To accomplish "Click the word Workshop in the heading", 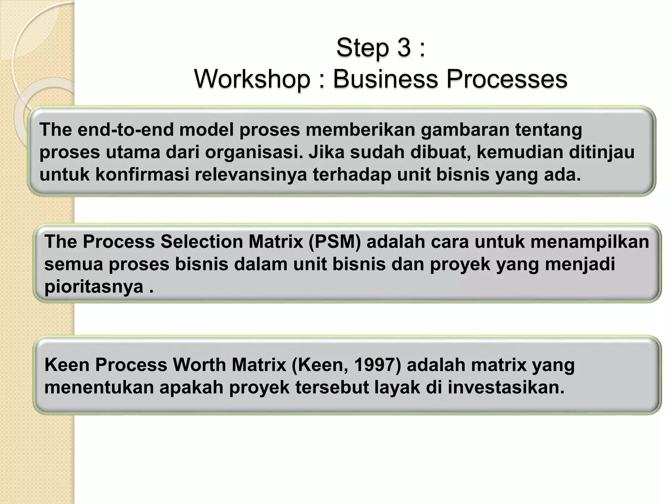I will click(252, 79).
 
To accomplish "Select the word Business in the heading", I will click(386, 79).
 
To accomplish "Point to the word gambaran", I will click(465, 130).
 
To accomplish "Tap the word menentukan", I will click(99, 388).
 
